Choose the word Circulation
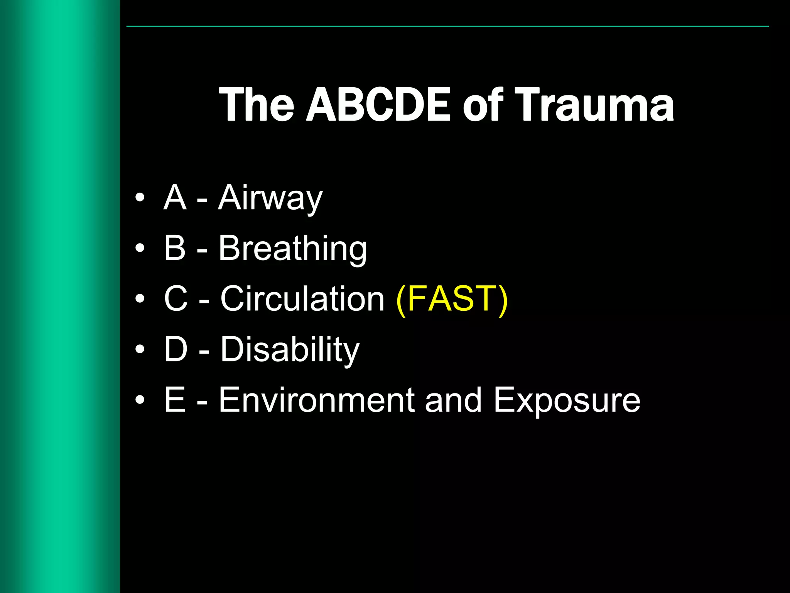(x=302, y=299)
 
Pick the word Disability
(x=290, y=350)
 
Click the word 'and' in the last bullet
(x=454, y=400)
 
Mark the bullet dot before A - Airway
(x=140, y=197)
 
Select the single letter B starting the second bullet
(x=175, y=248)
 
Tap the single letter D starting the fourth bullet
(x=176, y=349)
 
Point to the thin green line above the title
(x=447, y=26)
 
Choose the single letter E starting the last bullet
(x=175, y=400)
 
